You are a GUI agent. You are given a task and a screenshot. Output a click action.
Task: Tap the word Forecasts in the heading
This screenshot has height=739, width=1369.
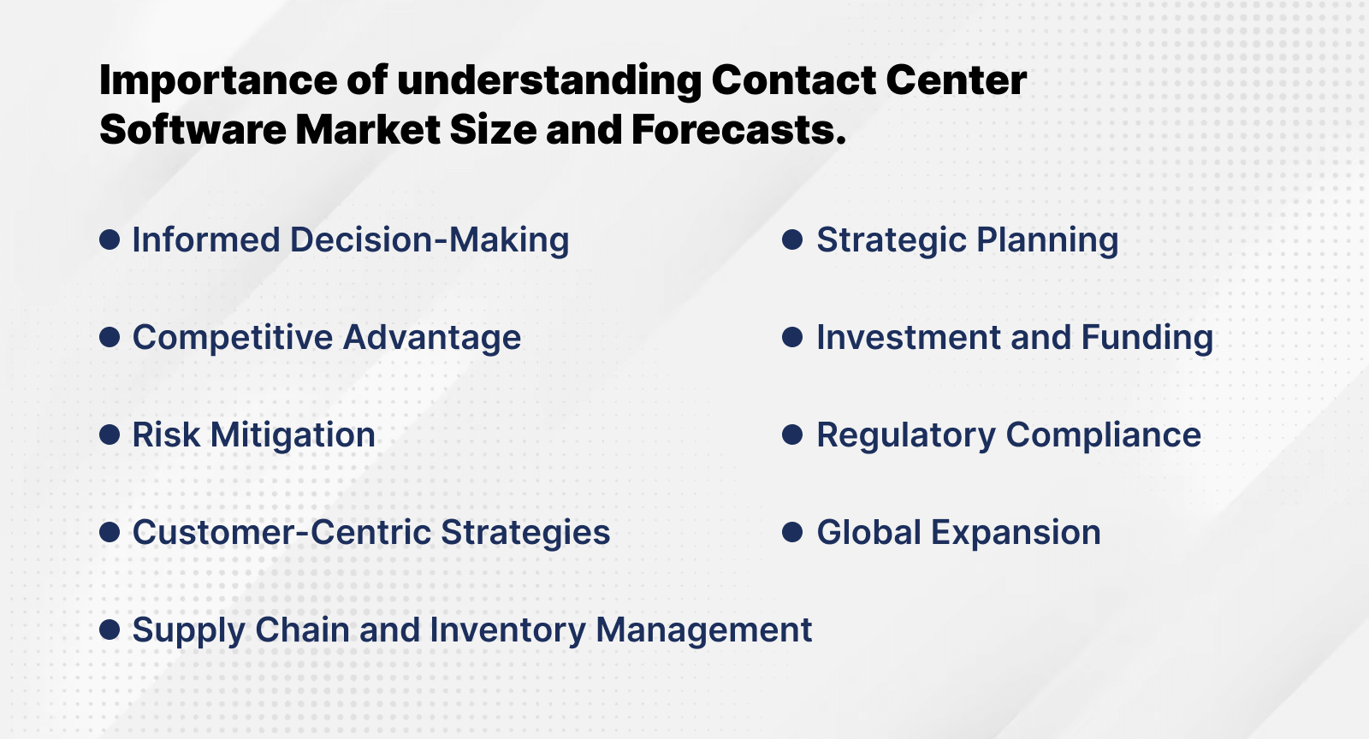(738, 130)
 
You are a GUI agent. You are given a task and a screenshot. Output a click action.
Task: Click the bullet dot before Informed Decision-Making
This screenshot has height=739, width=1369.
(110, 239)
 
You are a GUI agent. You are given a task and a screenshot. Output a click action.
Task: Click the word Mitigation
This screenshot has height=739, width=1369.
(293, 435)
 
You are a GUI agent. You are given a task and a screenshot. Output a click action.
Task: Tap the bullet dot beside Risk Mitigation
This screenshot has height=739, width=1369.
(110, 435)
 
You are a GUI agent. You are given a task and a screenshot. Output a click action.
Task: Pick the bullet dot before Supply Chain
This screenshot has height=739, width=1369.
(110, 630)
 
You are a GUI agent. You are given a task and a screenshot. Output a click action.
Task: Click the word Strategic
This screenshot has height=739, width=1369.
(891, 240)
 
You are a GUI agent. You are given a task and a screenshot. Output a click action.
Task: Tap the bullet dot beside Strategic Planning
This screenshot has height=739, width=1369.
(792, 239)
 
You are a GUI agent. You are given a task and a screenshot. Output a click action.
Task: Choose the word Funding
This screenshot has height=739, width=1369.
(1147, 338)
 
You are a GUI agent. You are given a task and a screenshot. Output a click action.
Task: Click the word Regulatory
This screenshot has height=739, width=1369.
(905, 435)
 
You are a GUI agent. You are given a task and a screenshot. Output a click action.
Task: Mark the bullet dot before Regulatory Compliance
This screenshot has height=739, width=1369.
(792, 435)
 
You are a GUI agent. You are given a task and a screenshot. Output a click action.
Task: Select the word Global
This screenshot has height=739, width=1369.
(868, 533)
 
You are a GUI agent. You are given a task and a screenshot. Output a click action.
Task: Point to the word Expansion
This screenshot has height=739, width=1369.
(1016, 533)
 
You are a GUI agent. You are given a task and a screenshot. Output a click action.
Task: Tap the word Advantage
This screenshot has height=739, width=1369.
(432, 338)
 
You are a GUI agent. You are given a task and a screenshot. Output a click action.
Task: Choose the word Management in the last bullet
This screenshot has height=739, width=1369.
(703, 630)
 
